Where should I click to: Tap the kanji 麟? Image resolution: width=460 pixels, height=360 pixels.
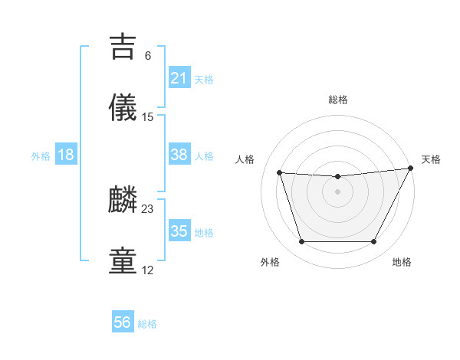pyautogui.click(x=124, y=200)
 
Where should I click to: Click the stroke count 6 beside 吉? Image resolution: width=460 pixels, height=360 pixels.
pyautogui.click(x=148, y=55)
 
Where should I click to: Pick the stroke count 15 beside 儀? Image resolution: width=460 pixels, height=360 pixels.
pyautogui.click(x=148, y=117)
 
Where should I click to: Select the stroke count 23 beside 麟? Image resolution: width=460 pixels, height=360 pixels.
pyautogui.click(x=148, y=208)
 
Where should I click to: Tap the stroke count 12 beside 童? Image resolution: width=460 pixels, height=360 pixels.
pyautogui.click(x=148, y=270)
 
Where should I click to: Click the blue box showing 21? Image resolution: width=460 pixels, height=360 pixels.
pyautogui.click(x=179, y=78)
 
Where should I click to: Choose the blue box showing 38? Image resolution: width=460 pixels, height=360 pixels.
pyautogui.click(x=179, y=155)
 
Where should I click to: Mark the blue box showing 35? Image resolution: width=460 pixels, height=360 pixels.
pyautogui.click(x=179, y=231)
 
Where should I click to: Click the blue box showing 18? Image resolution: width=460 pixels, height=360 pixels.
pyautogui.click(x=65, y=155)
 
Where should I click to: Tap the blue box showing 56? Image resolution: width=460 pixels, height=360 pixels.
pyautogui.click(x=122, y=322)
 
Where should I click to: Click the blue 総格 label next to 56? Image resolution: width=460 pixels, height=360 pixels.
pyautogui.click(x=147, y=324)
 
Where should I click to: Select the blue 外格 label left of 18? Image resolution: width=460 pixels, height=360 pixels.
pyautogui.click(x=41, y=156)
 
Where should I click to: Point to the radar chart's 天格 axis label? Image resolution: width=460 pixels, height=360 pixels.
pyautogui.click(x=431, y=159)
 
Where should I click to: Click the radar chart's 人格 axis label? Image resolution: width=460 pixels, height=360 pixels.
pyautogui.click(x=245, y=159)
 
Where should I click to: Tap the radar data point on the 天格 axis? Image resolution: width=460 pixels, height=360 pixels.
pyautogui.click(x=412, y=169)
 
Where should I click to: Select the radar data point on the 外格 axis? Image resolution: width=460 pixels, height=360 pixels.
pyautogui.click(x=301, y=242)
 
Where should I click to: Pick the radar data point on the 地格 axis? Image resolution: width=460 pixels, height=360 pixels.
pyautogui.click(x=374, y=242)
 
